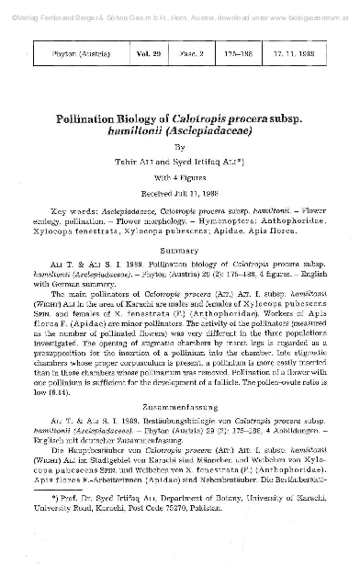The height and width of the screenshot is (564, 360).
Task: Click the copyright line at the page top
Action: tap(180, 6)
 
